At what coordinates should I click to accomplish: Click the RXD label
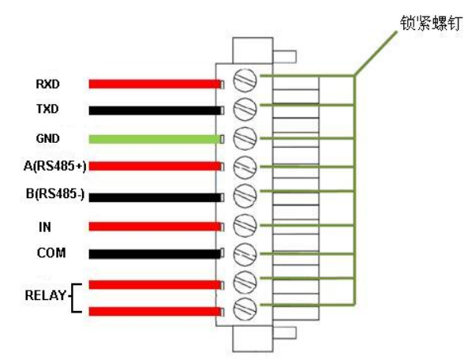[48, 84]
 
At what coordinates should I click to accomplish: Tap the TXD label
[47, 109]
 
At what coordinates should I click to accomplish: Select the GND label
[48, 138]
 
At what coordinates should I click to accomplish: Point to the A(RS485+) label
[55, 167]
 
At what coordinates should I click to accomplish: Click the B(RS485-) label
[55, 193]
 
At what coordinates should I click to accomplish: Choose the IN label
[45, 227]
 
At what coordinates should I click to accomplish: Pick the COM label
[51, 253]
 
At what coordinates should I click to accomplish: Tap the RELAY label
[45, 295]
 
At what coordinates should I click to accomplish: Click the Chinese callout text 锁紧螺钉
[431, 23]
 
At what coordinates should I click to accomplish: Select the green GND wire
[155, 139]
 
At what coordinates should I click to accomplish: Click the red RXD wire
[155, 84]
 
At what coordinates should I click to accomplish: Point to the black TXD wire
[155, 111]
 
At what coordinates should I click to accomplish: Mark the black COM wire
[155, 253]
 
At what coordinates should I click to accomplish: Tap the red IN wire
[155, 227]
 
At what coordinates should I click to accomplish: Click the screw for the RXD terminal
[245, 81]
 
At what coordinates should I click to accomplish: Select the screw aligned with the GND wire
[245, 138]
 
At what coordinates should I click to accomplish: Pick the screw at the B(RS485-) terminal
[245, 196]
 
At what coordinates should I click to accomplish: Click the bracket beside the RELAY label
[73, 298]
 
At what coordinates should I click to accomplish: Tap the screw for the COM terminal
[245, 254]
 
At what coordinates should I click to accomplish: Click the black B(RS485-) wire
[155, 197]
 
